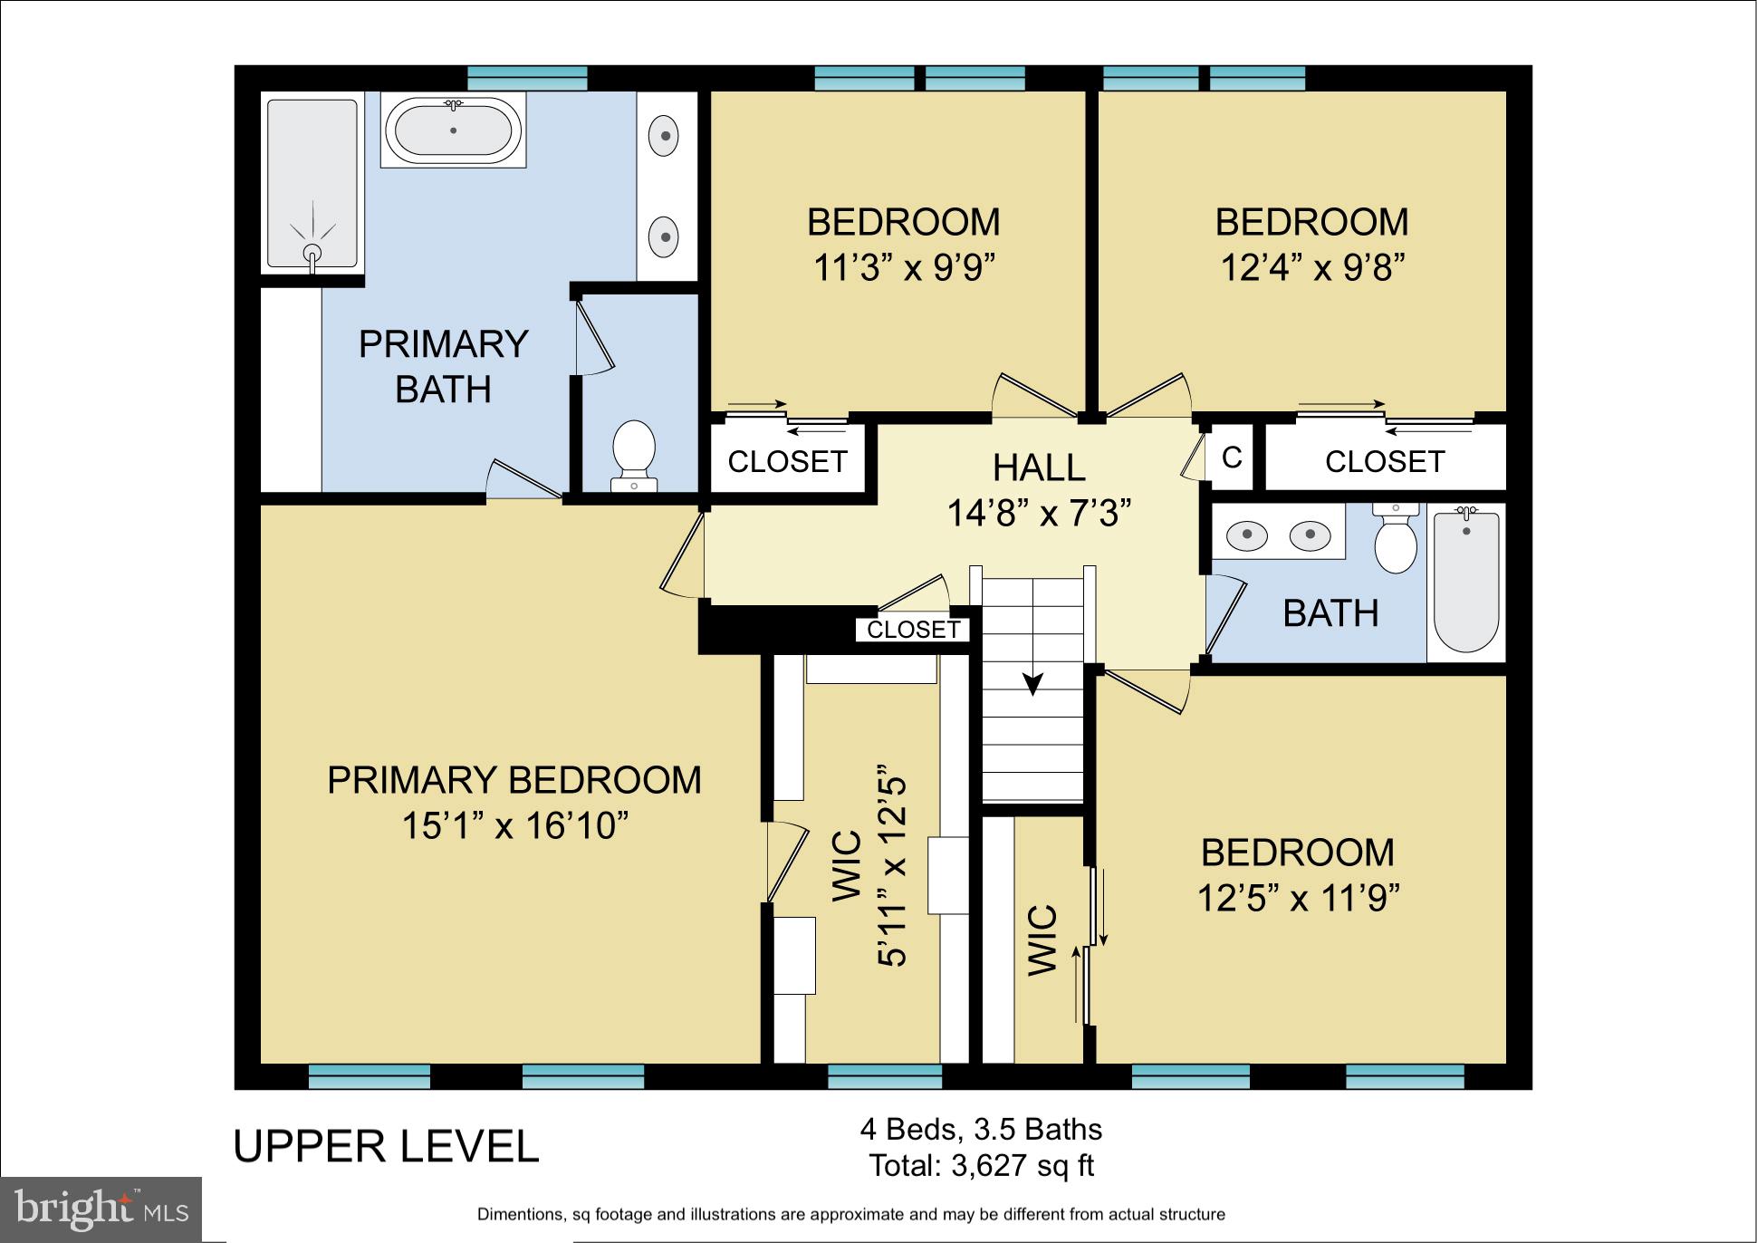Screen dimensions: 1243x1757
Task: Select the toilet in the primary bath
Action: pyautogui.click(x=634, y=451)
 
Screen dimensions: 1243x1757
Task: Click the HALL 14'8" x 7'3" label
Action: pyautogui.click(x=1039, y=491)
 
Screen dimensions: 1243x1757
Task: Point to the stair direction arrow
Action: pyautogui.click(x=1032, y=683)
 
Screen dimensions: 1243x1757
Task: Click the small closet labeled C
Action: pyautogui.click(x=1232, y=458)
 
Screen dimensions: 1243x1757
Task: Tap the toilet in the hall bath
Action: pyautogui.click(x=1396, y=542)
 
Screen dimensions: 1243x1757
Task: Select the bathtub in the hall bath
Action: pyautogui.click(x=1466, y=580)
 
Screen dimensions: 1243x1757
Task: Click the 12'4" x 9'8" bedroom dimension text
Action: pyautogui.click(x=1312, y=268)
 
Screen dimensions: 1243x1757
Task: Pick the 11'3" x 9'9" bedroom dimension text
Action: pyautogui.click(x=904, y=268)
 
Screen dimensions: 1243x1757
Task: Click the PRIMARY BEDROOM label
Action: pyautogui.click(x=514, y=780)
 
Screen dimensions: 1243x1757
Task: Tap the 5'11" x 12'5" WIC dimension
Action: pyautogui.click(x=892, y=870)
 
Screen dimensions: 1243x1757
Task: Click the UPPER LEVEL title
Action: pyautogui.click(x=387, y=1147)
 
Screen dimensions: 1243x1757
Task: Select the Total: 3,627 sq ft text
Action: pyautogui.click(x=982, y=1165)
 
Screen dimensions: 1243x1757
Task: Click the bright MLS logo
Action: pyautogui.click(x=101, y=1209)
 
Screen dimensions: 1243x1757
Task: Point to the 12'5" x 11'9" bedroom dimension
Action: pyautogui.click(x=1298, y=899)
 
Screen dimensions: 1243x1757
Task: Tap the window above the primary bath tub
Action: pyautogui.click(x=527, y=77)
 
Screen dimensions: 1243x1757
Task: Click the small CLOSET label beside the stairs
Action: pyautogui.click(x=913, y=630)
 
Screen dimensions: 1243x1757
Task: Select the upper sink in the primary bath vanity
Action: pyautogui.click(x=666, y=136)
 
